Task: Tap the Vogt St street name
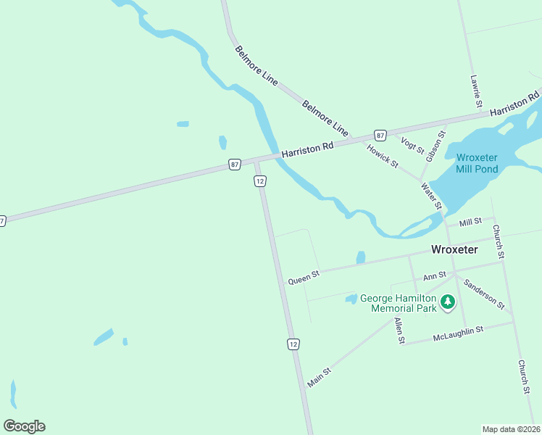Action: pos(412,144)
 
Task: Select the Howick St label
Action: pos(383,155)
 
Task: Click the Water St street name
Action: pos(432,196)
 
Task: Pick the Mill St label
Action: pos(470,222)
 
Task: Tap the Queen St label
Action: pos(304,277)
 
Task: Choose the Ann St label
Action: pos(435,276)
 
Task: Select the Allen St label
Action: pos(399,330)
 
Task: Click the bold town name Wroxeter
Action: pos(454,249)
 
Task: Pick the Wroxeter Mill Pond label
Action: pos(477,162)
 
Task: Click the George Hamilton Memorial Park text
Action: pos(399,303)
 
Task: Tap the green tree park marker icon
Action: pos(448,302)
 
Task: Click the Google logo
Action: pos(24,426)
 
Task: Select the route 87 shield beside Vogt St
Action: pos(380,136)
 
